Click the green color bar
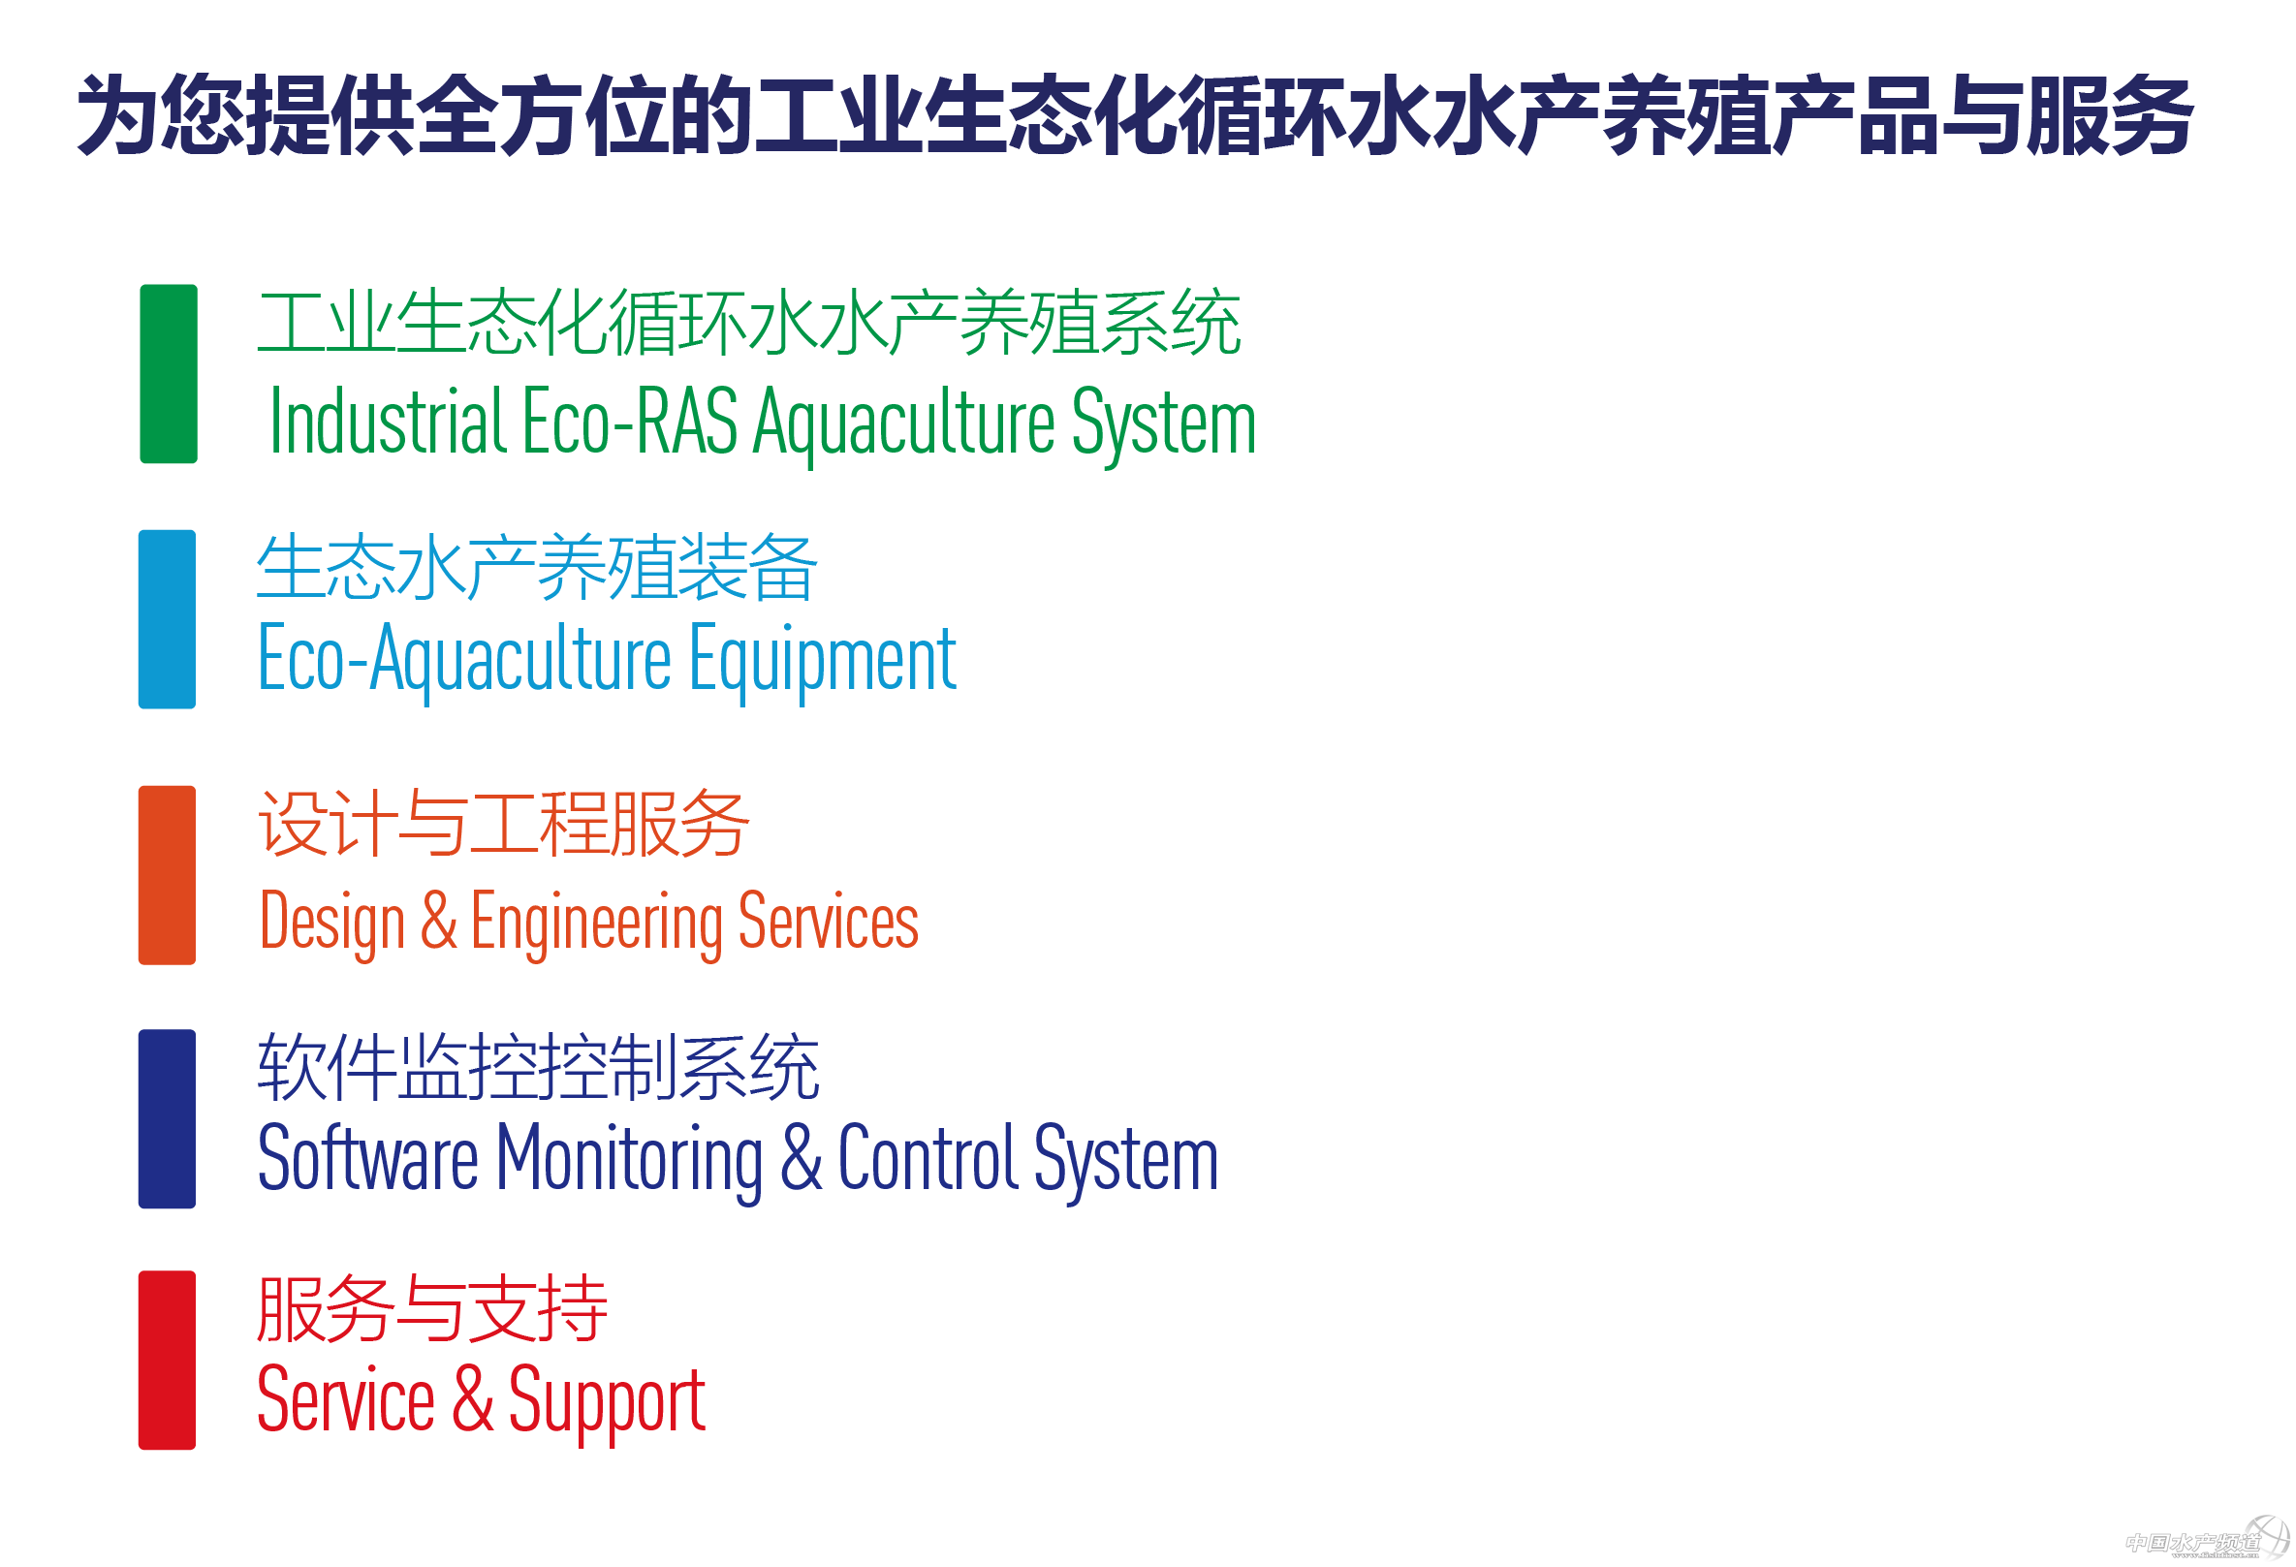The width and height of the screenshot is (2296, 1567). click(168, 373)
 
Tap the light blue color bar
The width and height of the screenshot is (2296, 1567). click(167, 619)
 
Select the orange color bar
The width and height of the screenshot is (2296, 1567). click(167, 875)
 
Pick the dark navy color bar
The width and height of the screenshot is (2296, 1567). click(167, 1118)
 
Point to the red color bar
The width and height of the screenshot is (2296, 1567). click(167, 1361)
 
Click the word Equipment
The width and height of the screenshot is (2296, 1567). click(822, 661)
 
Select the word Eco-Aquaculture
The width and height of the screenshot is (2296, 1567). click(464, 659)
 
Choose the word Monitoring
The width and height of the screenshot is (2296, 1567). click(629, 1160)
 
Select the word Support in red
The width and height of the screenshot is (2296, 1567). click(607, 1402)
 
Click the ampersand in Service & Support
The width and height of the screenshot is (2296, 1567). click(472, 1398)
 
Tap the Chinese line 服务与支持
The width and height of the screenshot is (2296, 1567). click(431, 1309)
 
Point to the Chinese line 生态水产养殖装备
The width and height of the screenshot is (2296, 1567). click(537, 567)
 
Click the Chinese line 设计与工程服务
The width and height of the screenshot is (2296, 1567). click(503, 823)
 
